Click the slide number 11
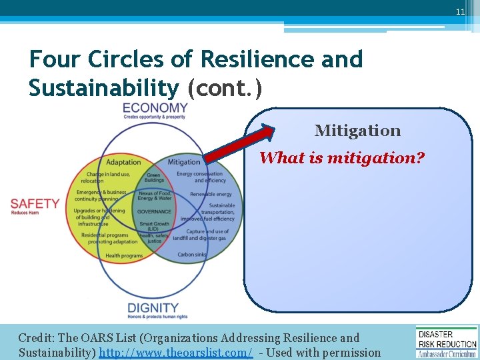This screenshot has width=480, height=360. (x=461, y=12)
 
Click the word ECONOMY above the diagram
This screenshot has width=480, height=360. (x=155, y=108)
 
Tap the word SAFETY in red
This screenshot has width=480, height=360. (x=35, y=203)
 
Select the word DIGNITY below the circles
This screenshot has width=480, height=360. (x=153, y=308)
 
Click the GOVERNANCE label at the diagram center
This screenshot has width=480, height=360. (x=154, y=211)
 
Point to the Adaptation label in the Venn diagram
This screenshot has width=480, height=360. (x=123, y=162)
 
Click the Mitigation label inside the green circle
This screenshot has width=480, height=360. (x=184, y=162)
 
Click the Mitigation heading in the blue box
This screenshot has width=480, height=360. (x=357, y=131)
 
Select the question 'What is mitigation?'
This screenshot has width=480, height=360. (x=342, y=158)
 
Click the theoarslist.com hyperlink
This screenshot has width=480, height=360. (x=175, y=353)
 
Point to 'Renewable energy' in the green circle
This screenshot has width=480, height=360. (x=211, y=195)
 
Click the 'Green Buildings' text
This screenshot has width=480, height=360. (x=154, y=178)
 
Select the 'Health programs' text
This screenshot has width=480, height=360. (x=124, y=255)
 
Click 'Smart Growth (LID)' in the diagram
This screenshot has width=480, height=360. (x=154, y=227)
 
